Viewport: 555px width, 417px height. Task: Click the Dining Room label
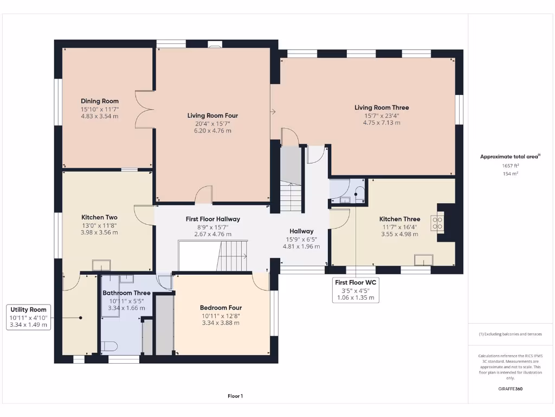(x=100, y=101)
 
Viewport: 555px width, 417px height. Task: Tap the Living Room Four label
(x=212, y=116)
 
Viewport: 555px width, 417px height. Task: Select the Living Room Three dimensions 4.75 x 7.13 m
(x=382, y=123)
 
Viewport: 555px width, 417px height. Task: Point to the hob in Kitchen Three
(x=437, y=223)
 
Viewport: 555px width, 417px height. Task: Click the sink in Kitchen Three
(x=423, y=260)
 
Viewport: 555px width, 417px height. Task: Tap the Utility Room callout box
(x=29, y=317)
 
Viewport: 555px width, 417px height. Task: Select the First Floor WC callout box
(x=356, y=290)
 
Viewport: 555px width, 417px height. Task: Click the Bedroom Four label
(x=221, y=307)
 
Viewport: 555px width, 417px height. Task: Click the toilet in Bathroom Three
(x=108, y=346)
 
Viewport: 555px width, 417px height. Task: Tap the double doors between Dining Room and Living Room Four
(x=145, y=109)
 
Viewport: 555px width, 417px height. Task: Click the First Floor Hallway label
(x=212, y=219)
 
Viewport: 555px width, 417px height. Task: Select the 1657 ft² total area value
(x=509, y=165)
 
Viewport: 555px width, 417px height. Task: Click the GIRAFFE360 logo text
(x=509, y=389)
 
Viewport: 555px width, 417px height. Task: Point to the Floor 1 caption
(x=235, y=396)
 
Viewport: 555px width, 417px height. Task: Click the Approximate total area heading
(x=509, y=156)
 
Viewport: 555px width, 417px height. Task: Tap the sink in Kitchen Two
(x=101, y=266)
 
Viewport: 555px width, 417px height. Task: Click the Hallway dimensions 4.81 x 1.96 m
(x=301, y=246)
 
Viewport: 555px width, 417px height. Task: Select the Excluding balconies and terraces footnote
(x=509, y=334)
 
